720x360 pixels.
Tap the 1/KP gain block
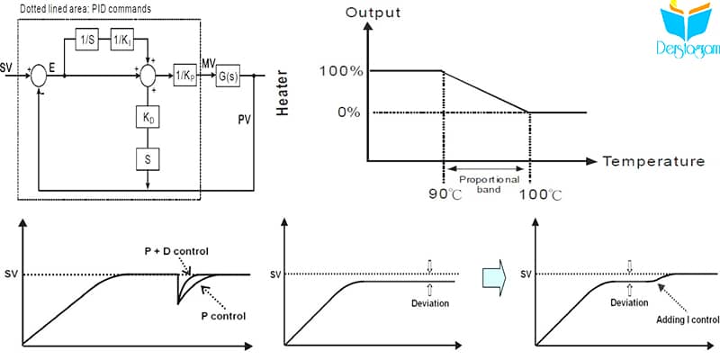185,76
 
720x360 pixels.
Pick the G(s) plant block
228,76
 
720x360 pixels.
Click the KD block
148,119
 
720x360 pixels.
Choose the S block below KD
148,159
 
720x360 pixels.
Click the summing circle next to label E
39,76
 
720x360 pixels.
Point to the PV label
244,121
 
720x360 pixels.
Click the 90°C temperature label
445,194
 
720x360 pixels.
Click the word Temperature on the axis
654,161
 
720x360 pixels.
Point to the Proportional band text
489,184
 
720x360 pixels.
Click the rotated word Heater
283,93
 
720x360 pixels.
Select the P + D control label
174,251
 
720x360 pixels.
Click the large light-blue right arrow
493,274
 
